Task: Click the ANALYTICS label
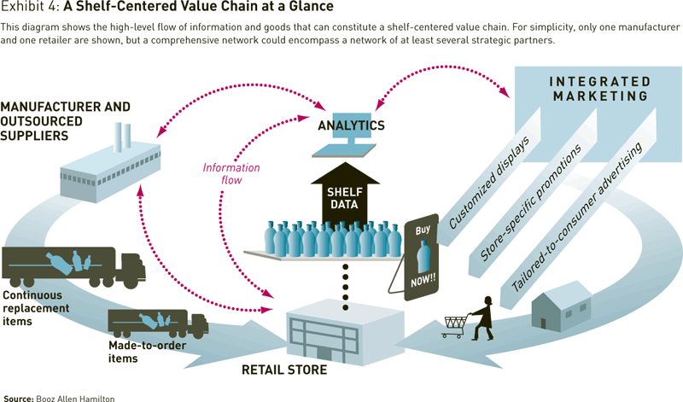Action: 352,125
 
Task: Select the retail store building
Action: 344,329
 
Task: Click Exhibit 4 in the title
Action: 31,9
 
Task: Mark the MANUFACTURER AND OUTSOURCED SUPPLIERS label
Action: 66,121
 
